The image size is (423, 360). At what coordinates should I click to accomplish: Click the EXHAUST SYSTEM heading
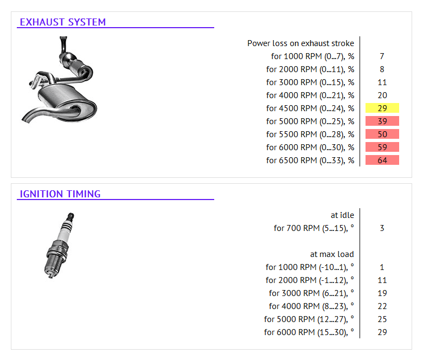[x=62, y=22]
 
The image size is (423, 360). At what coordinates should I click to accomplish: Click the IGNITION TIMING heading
[x=60, y=194]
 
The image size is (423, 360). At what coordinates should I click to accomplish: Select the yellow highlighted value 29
[x=382, y=108]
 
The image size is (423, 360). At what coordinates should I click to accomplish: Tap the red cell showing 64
[x=382, y=160]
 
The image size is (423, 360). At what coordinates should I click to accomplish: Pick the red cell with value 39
[x=382, y=121]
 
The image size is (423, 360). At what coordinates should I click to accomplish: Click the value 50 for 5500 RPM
[x=382, y=134]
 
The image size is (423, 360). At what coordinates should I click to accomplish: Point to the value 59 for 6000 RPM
[x=382, y=147]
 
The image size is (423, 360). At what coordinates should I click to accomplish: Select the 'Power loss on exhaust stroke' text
[x=300, y=43]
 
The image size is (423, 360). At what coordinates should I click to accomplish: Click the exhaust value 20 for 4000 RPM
[x=382, y=95]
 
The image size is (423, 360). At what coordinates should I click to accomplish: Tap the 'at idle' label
[x=342, y=215]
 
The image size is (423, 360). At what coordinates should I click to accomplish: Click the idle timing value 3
[x=382, y=228]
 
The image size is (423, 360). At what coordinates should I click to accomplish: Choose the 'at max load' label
[x=332, y=254]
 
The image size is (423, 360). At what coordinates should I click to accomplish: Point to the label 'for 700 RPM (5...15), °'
[x=313, y=228]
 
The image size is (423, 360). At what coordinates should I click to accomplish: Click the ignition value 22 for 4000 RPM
[x=382, y=306]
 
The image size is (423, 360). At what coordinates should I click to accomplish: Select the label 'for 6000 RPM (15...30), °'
[x=309, y=332]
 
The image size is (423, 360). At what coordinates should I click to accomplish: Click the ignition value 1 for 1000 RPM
[x=382, y=267]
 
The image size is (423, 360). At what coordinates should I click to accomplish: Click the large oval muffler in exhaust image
[x=64, y=98]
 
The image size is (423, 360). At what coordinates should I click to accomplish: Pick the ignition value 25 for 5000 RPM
[x=382, y=319]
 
